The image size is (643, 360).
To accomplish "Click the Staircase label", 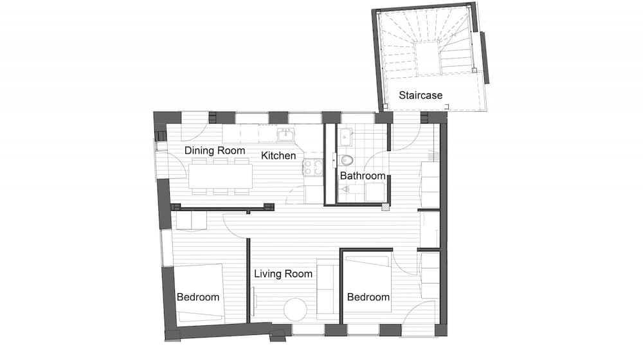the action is pos(421,96).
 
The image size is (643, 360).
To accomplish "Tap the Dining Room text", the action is pos(215,150).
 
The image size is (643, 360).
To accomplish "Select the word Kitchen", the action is pos(278,156).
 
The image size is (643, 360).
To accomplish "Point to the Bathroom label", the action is pos(363,176).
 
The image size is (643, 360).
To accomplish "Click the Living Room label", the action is pos(283,274).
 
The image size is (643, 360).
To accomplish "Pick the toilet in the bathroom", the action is pos(346,160).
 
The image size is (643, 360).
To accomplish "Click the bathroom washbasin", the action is pos(346,136).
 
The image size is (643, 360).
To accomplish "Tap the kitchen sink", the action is pos(286,134).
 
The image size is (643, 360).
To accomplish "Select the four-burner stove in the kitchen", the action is pos(313,167).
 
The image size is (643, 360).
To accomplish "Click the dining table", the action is pos(221,176).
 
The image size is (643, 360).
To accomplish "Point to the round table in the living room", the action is pos(295,310).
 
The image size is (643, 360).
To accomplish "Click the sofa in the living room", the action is pos(328,290).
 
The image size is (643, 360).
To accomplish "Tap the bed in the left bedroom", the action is pos(200,292).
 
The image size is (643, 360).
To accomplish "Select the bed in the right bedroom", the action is pos(367,283).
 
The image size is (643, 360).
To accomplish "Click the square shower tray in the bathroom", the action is pos(375,192).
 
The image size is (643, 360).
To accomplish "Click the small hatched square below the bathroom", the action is pos(385,207).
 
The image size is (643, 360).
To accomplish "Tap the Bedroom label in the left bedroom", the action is pos(198,297).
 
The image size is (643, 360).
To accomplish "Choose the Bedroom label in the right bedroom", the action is pos(368,297).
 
